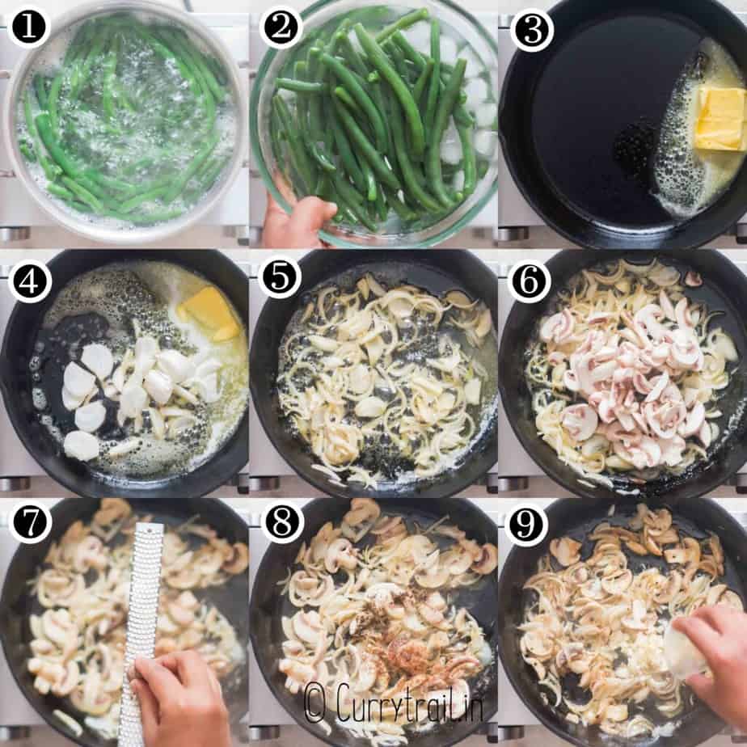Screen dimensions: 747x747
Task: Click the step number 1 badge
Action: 28,27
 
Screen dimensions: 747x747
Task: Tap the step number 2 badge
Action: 281,27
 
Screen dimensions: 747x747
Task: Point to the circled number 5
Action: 279,276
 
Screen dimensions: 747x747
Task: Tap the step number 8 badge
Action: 281,521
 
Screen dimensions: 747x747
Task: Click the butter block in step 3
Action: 720,118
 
